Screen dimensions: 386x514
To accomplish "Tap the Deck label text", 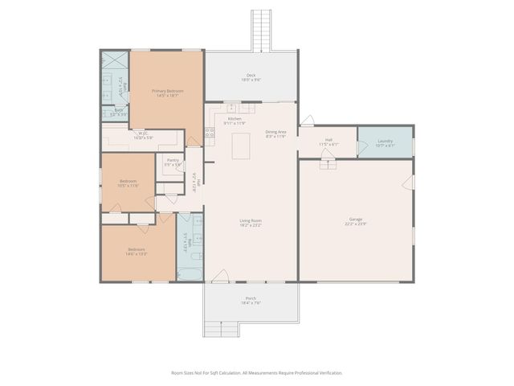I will click(251, 78).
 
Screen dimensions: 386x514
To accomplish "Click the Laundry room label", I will click(385, 143).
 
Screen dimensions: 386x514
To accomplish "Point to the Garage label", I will click(356, 222).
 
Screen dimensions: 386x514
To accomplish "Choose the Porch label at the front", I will click(251, 301).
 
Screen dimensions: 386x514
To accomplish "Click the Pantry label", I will click(173, 162).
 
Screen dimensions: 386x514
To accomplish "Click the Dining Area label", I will click(275, 134).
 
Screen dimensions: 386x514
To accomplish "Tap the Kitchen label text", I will click(234, 121).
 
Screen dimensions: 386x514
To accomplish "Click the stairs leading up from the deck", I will click(262, 29).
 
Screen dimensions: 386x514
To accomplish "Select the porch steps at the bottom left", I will click(221, 328).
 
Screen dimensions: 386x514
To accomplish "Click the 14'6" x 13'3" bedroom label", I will click(137, 252).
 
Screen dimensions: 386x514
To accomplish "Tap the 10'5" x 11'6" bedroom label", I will click(128, 183).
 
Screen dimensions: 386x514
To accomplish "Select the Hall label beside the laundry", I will click(328, 142).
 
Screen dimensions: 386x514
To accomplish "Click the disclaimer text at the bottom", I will click(257, 373).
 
